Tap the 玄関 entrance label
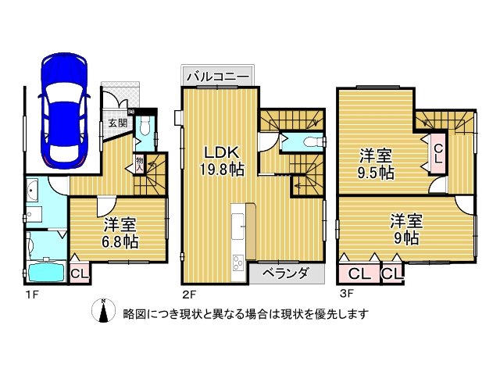(x=117, y=123)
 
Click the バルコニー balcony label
(x=218, y=77)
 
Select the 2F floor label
(x=191, y=294)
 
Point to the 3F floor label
(x=347, y=294)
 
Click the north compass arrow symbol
(x=102, y=311)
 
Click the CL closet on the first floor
(x=79, y=273)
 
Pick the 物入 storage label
(x=139, y=163)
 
